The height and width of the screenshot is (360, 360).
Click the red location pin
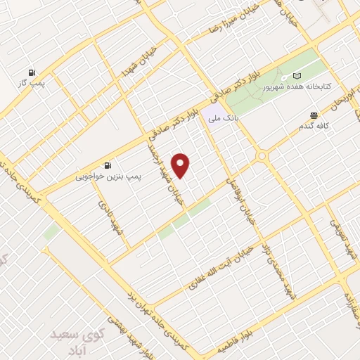pos(181,165)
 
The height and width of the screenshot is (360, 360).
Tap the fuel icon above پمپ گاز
pos(32,72)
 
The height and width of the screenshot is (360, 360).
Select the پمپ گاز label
pos(32,84)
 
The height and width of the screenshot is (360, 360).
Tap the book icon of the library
pos(296,75)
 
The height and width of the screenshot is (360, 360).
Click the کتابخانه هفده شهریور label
pos(295,89)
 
